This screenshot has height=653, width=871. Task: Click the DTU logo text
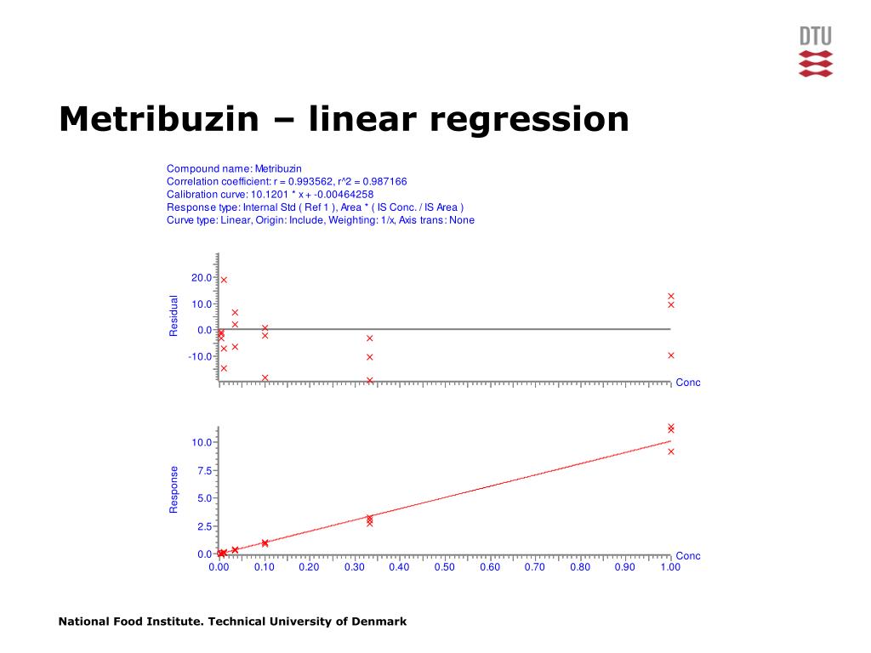(x=816, y=37)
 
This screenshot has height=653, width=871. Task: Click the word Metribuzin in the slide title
(x=159, y=119)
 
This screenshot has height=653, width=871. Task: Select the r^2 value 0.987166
(x=384, y=182)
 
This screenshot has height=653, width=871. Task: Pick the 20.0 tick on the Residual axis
(x=202, y=278)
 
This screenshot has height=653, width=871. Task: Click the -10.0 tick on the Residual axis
(x=200, y=356)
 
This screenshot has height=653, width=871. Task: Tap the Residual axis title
(x=174, y=315)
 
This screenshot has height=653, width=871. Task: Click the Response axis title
(x=174, y=489)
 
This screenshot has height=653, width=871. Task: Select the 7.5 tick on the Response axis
(x=204, y=471)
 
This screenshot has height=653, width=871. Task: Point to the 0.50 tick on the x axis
(x=444, y=567)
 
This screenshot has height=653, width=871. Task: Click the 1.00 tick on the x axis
(x=670, y=567)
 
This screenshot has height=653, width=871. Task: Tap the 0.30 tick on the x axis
(x=355, y=567)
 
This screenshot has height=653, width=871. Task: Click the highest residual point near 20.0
(x=224, y=280)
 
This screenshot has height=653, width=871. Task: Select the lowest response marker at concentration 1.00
(x=671, y=451)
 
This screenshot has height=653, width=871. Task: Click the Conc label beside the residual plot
(x=687, y=383)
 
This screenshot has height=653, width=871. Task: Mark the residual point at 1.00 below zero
(x=671, y=355)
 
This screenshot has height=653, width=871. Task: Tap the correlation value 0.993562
(x=310, y=182)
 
